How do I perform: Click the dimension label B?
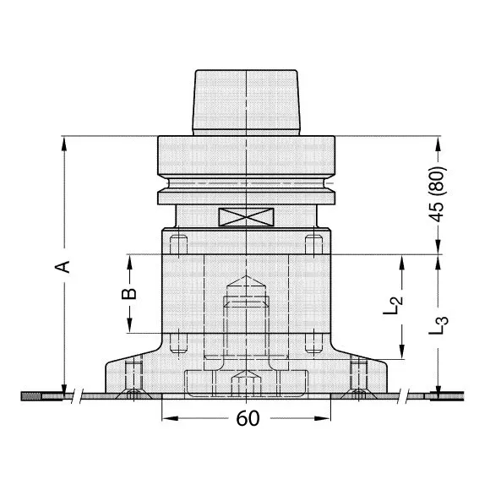pyautogui.click(x=128, y=294)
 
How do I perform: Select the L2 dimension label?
pyautogui.click(x=394, y=305)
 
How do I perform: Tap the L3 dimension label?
pyautogui.click(x=438, y=325)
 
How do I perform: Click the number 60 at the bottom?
pyautogui.click(x=248, y=418)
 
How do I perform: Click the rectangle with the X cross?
pyautogui.click(x=246, y=217)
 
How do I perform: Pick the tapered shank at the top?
pyautogui.click(x=246, y=102)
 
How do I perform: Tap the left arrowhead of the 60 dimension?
pyautogui.click(x=170, y=418)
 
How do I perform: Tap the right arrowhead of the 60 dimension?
pyautogui.click(x=323, y=418)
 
